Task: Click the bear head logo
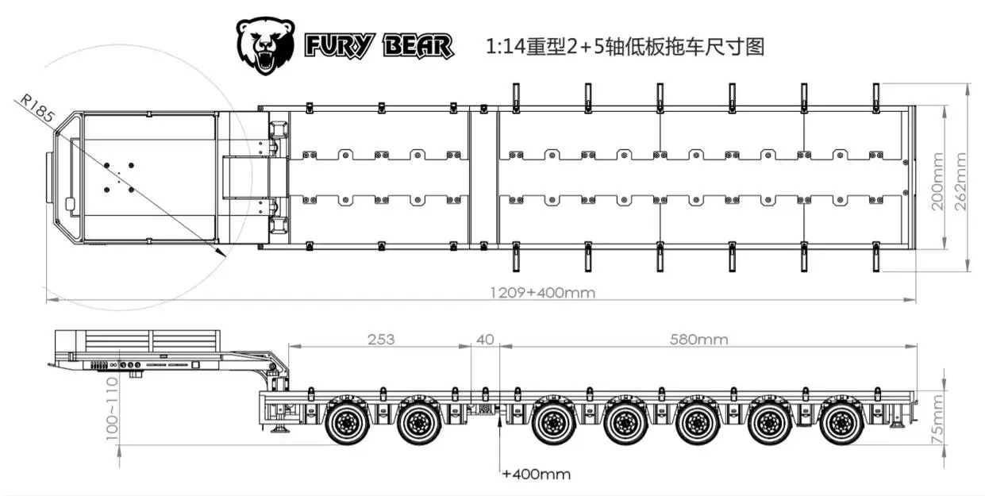tap(265, 46)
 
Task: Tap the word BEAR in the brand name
tap(418, 46)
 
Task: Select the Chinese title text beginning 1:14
tap(625, 47)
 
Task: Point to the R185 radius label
tap(37, 108)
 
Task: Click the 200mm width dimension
tap(937, 181)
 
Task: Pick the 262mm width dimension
tap(960, 181)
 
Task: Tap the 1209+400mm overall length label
tap(543, 292)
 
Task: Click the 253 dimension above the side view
tap(381, 340)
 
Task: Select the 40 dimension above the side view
tap(485, 340)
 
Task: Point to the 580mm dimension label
tap(698, 340)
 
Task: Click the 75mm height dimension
tap(937, 420)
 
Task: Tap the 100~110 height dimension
tap(112, 409)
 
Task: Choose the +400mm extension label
tap(537, 474)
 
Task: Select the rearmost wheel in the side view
tap(842, 422)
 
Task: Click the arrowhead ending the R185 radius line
tap(221, 252)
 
